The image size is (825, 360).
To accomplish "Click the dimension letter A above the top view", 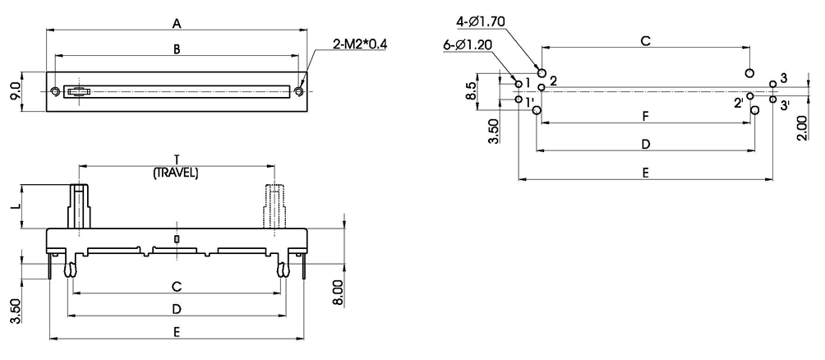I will (x=177, y=24).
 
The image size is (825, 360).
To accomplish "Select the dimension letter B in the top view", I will (x=177, y=49).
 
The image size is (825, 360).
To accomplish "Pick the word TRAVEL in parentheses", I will (x=177, y=173).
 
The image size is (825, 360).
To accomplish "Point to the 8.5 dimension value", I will (x=471, y=90).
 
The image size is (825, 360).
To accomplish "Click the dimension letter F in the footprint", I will (x=646, y=117).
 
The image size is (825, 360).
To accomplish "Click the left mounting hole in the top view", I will (x=55, y=91).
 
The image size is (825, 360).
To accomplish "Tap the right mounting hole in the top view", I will (x=300, y=91).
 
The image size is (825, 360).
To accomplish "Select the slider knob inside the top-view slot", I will (x=76, y=91).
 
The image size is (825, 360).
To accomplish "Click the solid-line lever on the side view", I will (x=80, y=205).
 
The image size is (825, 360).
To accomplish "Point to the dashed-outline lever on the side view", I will (x=274, y=205).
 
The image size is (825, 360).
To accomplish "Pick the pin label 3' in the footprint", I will (x=786, y=105).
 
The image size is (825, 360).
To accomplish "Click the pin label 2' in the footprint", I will (x=739, y=103).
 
